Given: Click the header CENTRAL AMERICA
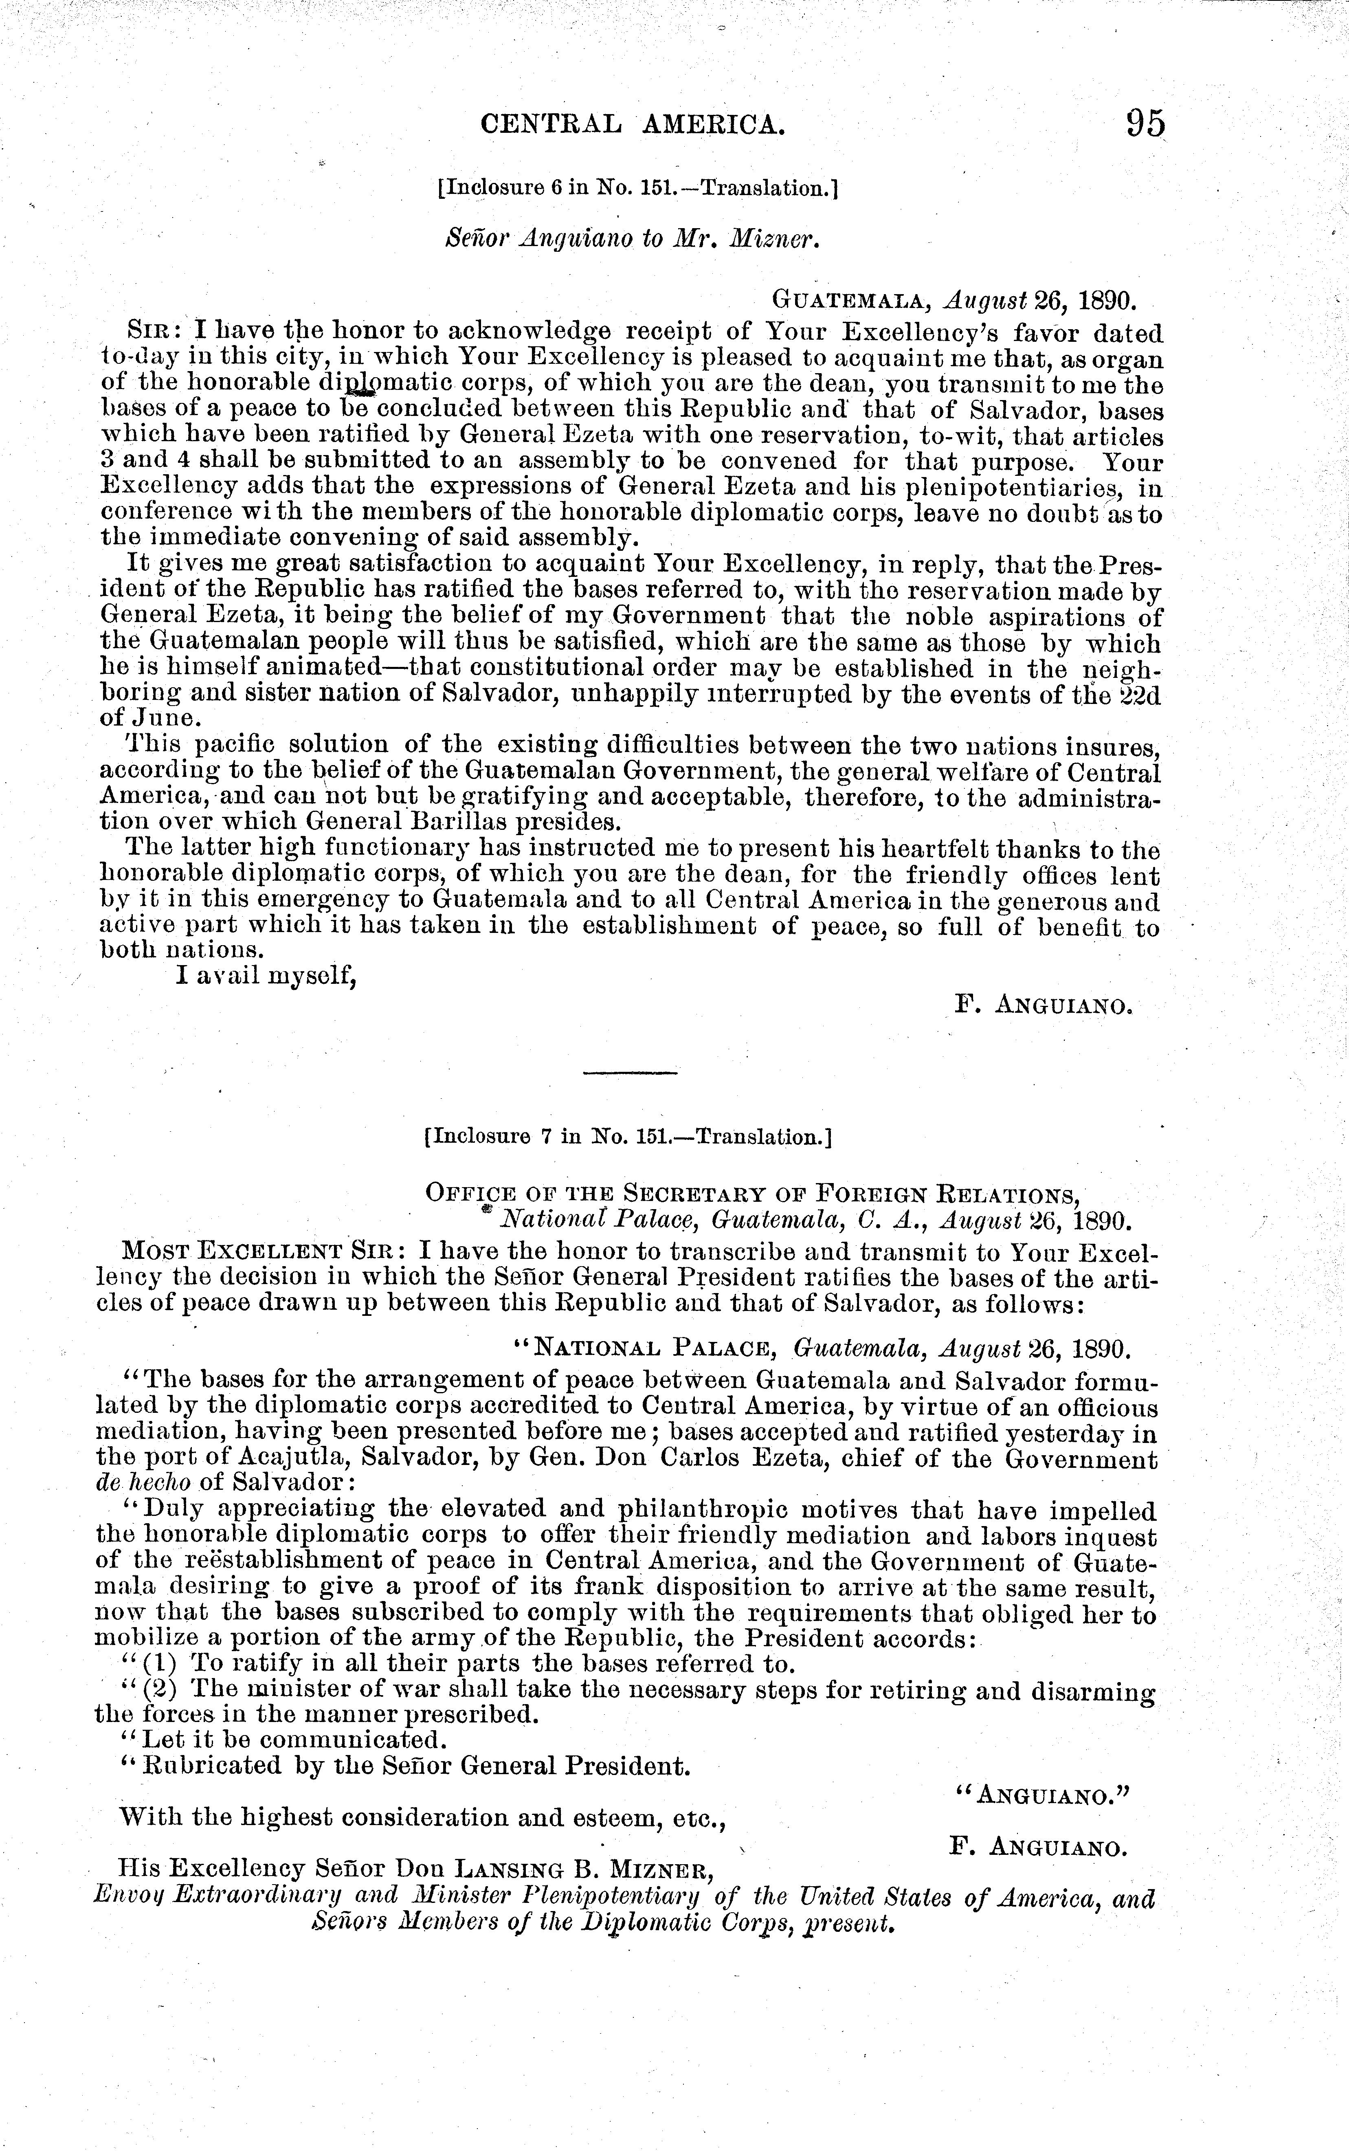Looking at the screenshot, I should [633, 124].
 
